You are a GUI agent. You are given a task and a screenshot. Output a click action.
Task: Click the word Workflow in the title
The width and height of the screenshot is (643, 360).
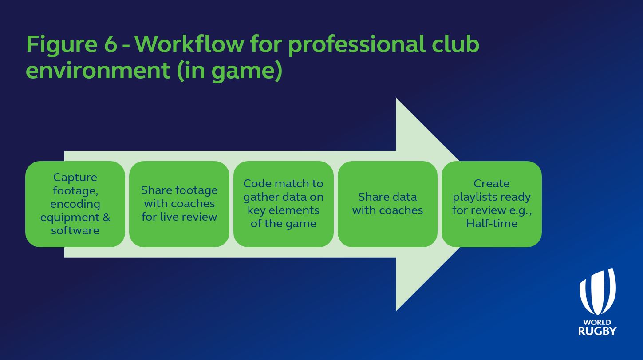(189, 44)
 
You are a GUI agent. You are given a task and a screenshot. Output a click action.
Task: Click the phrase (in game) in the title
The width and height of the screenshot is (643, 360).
(229, 71)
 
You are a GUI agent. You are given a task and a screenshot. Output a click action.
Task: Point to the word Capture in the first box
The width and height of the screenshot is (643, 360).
(75, 177)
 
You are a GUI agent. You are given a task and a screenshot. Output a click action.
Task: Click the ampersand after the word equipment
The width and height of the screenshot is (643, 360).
(107, 217)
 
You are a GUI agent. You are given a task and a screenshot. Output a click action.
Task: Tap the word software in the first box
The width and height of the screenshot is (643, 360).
(75, 230)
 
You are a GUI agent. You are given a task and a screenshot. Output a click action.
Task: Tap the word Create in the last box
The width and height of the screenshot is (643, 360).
(492, 183)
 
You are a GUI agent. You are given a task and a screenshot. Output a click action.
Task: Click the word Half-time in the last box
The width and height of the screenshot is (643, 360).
(492, 223)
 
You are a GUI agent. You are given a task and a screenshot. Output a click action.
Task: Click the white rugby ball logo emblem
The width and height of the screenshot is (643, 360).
(597, 292)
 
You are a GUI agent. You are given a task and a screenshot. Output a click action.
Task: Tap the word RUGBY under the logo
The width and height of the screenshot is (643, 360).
(597, 331)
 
